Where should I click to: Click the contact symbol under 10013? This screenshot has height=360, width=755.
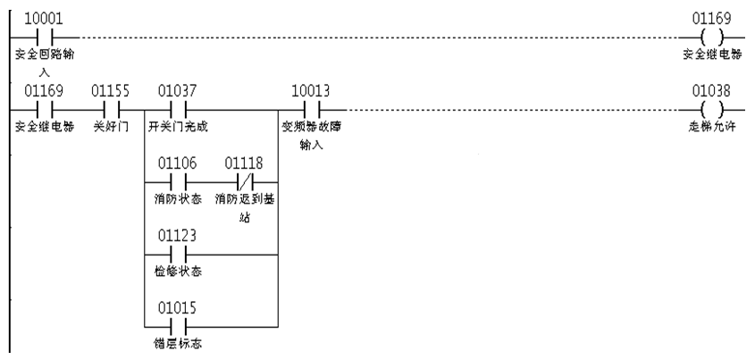tap(310, 110)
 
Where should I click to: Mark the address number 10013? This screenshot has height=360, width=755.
tap(311, 89)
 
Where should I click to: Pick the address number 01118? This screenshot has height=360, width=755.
tap(243, 163)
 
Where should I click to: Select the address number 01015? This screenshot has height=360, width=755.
tap(177, 307)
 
